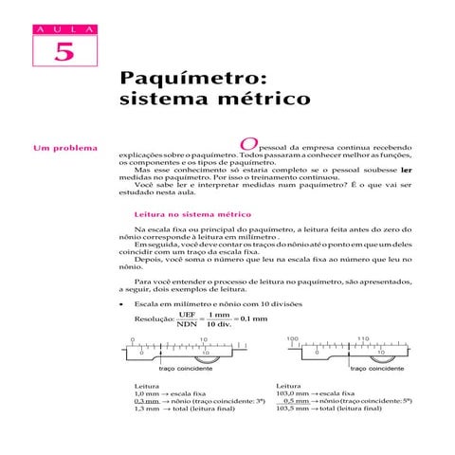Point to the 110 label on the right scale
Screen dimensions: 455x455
tap(363, 337)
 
